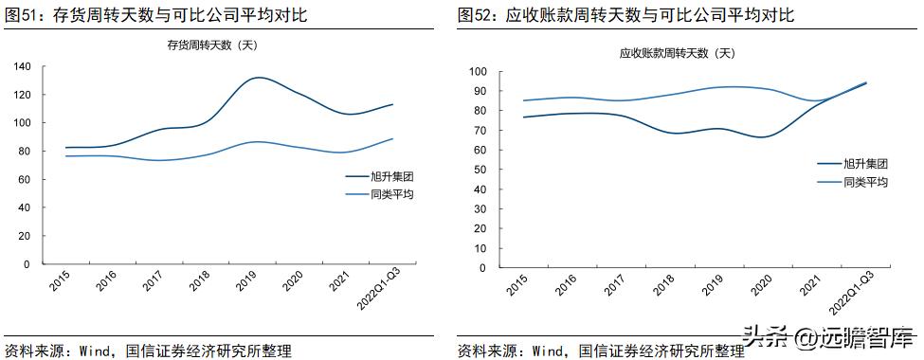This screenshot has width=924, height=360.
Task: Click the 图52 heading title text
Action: pos(625,15)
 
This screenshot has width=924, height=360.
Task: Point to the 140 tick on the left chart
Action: pos(22,66)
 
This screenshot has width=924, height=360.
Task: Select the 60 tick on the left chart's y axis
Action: pos(26,179)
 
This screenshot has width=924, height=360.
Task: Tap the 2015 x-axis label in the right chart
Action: pos(516,286)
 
